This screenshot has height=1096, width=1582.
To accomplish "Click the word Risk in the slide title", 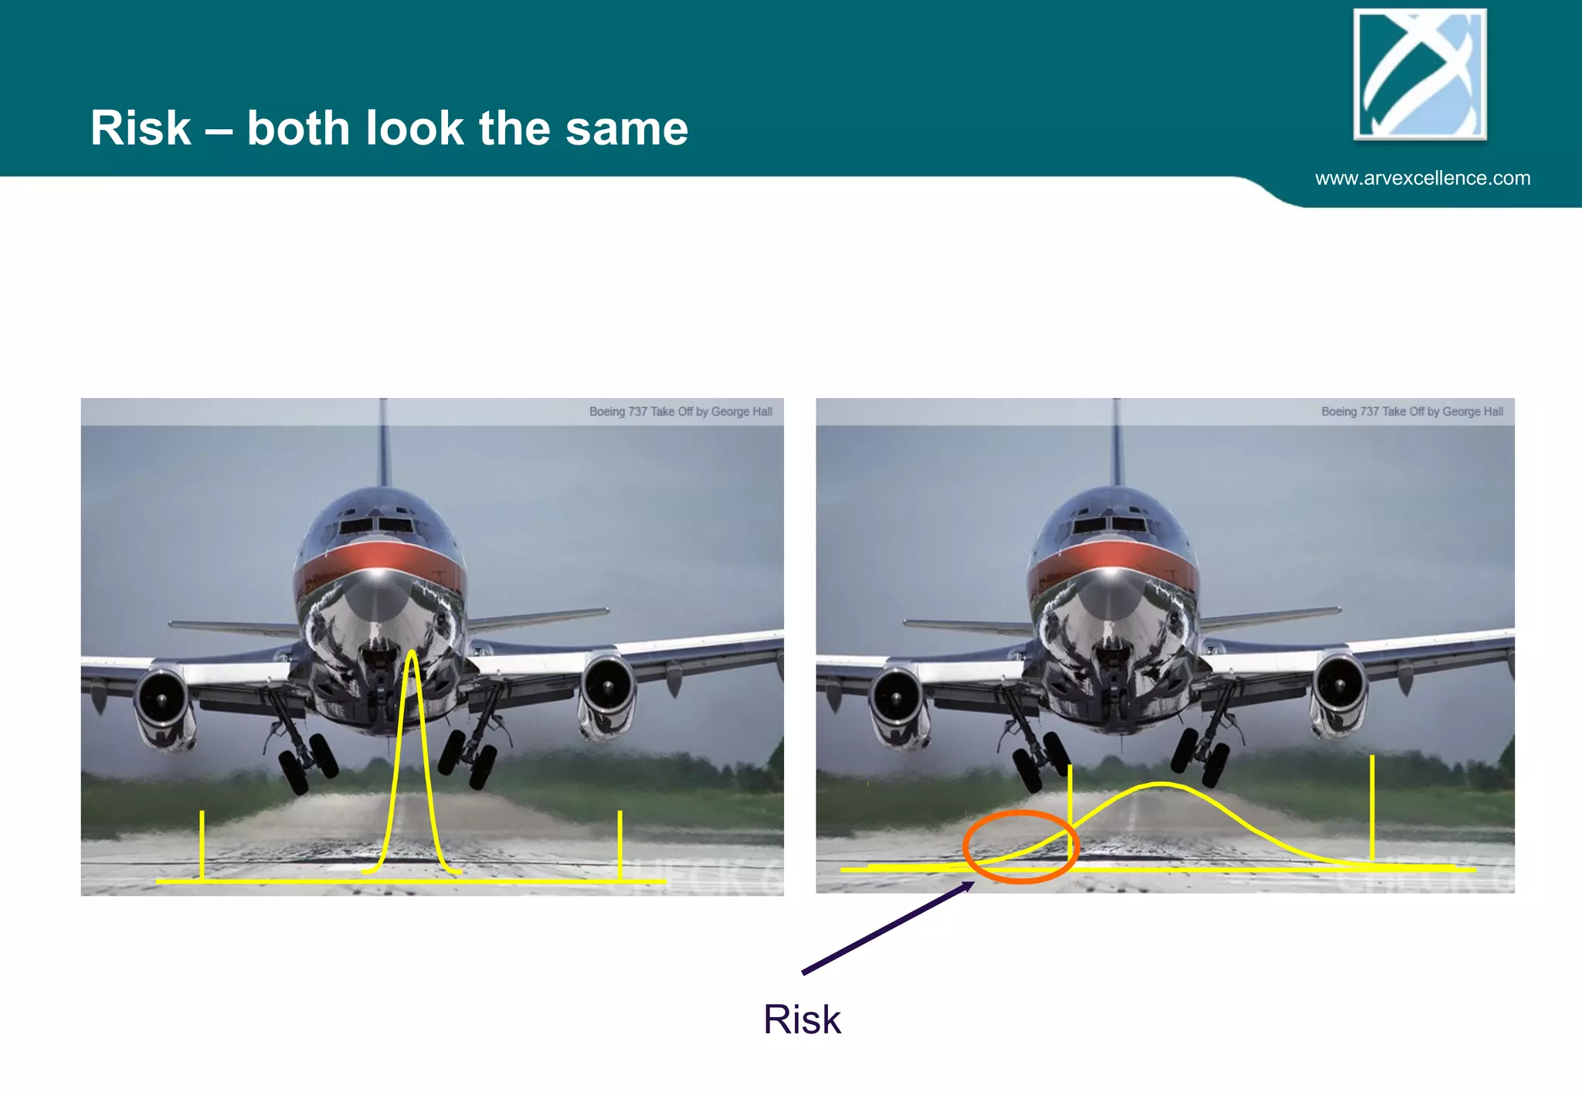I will pyautogui.click(x=141, y=128).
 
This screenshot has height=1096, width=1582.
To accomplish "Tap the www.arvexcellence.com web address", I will pyautogui.click(x=1422, y=179).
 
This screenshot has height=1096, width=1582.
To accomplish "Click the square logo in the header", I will pyautogui.click(x=1420, y=74).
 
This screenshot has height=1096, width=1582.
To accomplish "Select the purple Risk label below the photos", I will pyautogui.click(x=802, y=1019).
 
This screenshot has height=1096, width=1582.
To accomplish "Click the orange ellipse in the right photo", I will pyautogui.click(x=1020, y=846).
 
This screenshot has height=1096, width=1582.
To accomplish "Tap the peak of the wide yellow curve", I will pyautogui.click(x=1160, y=785).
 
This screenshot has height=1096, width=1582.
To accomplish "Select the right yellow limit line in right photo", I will pyautogui.click(x=1372, y=808).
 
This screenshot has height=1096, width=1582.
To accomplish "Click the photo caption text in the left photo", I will pyautogui.click(x=681, y=412).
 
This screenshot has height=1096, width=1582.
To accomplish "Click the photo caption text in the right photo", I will pyautogui.click(x=1412, y=412).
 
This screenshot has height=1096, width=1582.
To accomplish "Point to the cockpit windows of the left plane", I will pyautogui.click(x=376, y=526).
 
